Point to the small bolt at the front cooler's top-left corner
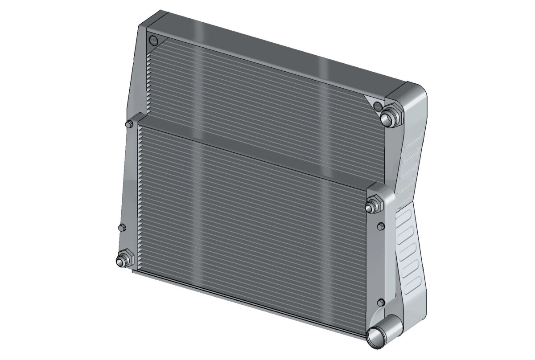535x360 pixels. click(x=130, y=123)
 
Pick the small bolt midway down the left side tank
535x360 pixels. click(x=122, y=228)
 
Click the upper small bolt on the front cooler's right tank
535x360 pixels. click(x=380, y=226)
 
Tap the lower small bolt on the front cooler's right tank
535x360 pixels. click(x=380, y=303)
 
